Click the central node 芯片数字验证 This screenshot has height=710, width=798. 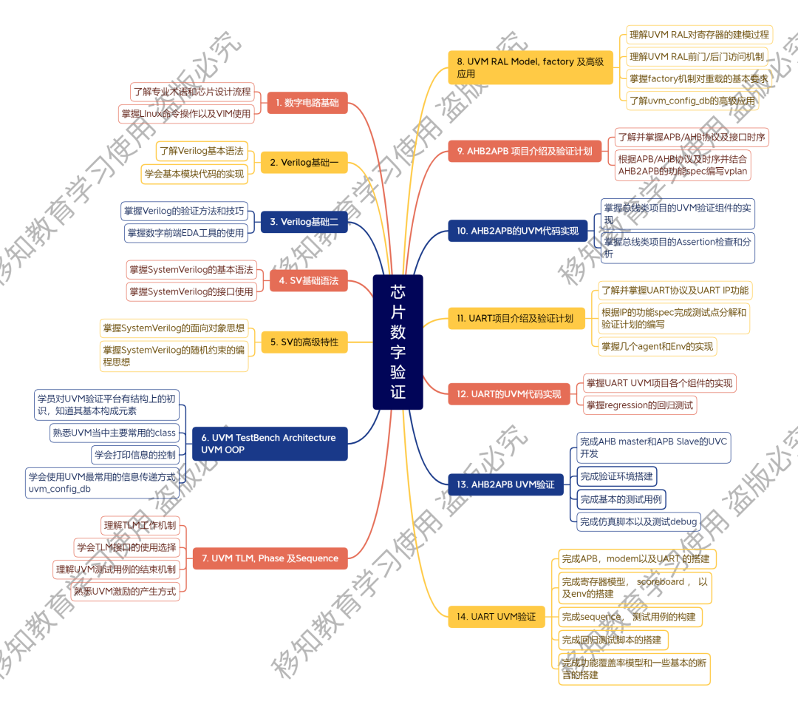[x=398, y=342]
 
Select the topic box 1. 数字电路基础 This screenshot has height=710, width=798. [x=307, y=103]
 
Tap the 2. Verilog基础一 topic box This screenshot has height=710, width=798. [x=304, y=162]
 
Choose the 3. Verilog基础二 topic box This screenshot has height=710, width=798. [x=304, y=221]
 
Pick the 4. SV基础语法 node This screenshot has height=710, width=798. [x=308, y=280]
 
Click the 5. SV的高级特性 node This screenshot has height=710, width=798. [x=304, y=342]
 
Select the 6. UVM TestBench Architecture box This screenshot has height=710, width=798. [x=269, y=443]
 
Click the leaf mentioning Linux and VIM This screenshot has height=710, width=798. [x=186, y=113]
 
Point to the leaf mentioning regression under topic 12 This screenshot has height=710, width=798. [x=640, y=405]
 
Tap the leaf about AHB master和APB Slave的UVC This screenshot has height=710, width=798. [x=654, y=447]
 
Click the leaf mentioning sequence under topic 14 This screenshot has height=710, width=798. [x=630, y=616]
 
